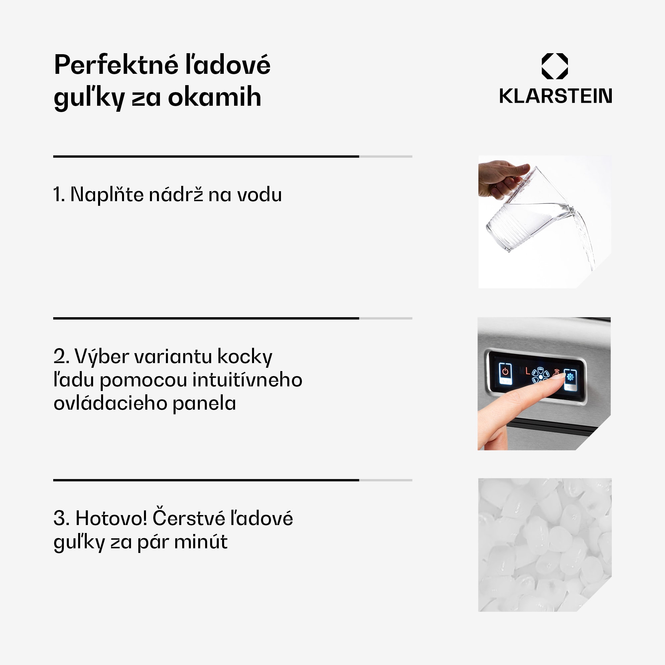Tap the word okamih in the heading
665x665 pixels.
pos(214,97)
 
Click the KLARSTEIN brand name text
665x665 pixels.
pos(556,96)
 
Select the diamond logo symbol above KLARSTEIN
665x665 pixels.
pos(555,66)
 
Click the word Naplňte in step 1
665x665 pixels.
pos(107,195)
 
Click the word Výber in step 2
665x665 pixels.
pos(102,356)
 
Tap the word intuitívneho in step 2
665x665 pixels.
pos(247,380)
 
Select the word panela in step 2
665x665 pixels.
pos(204,403)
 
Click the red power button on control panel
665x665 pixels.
pos(505,371)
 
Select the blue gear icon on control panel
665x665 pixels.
pos(570,377)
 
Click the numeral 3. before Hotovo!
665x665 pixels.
pos(61,518)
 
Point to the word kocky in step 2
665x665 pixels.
pos(245,356)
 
